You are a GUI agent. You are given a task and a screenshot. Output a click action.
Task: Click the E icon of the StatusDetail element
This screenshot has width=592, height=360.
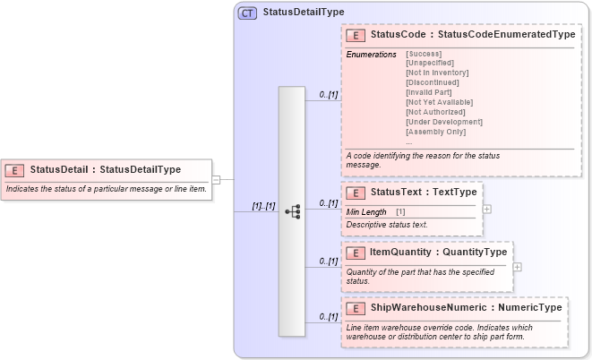pyautogui.click(x=15, y=169)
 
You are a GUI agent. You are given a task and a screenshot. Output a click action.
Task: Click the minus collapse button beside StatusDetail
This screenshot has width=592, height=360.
pyautogui.click(x=216, y=179)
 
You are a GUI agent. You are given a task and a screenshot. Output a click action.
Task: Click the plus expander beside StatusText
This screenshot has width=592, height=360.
pyautogui.click(x=486, y=208)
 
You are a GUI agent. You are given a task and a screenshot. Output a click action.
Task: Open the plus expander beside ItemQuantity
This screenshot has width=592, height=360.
pyautogui.click(x=518, y=267)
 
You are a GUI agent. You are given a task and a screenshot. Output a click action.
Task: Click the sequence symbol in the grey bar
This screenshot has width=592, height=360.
pyautogui.click(x=292, y=211)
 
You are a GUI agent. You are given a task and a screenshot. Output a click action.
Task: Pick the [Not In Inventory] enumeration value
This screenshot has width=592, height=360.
pyautogui.click(x=437, y=73)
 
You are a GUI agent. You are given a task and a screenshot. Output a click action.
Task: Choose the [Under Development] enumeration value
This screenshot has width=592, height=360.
pyautogui.click(x=444, y=122)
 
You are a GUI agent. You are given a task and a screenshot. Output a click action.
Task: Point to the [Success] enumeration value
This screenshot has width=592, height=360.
pyautogui.click(x=424, y=54)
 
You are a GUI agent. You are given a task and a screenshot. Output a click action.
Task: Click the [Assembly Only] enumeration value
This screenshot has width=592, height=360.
pyautogui.click(x=435, y=132)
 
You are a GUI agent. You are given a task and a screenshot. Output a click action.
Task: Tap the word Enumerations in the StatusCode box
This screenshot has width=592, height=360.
pyautogui.click(x=371, y=55)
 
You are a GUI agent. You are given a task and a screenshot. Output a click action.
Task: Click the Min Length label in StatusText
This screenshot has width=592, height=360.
pyautogui.click(x=366, y=211)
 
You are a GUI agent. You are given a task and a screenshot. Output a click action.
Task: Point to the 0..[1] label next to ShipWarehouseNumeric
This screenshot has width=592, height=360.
pyautogui.click(x=329, y=316)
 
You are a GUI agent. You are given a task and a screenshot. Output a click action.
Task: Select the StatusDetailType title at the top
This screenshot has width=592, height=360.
pyautogui.click(x=304, y=13)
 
